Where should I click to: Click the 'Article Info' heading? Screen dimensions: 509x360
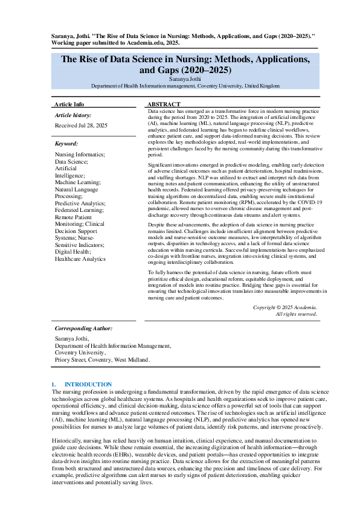69,104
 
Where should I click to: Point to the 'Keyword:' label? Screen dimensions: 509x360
66,144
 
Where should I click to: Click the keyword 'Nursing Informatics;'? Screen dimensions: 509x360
80,155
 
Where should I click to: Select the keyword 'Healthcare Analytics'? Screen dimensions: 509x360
80,259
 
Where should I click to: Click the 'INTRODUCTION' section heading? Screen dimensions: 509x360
88,384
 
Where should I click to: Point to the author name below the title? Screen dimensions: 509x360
185,78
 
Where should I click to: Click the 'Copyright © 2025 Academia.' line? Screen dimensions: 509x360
284,307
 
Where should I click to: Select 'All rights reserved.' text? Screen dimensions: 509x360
296,314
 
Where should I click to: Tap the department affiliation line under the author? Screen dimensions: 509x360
185,86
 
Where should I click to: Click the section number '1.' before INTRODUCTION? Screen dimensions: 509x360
54,384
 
